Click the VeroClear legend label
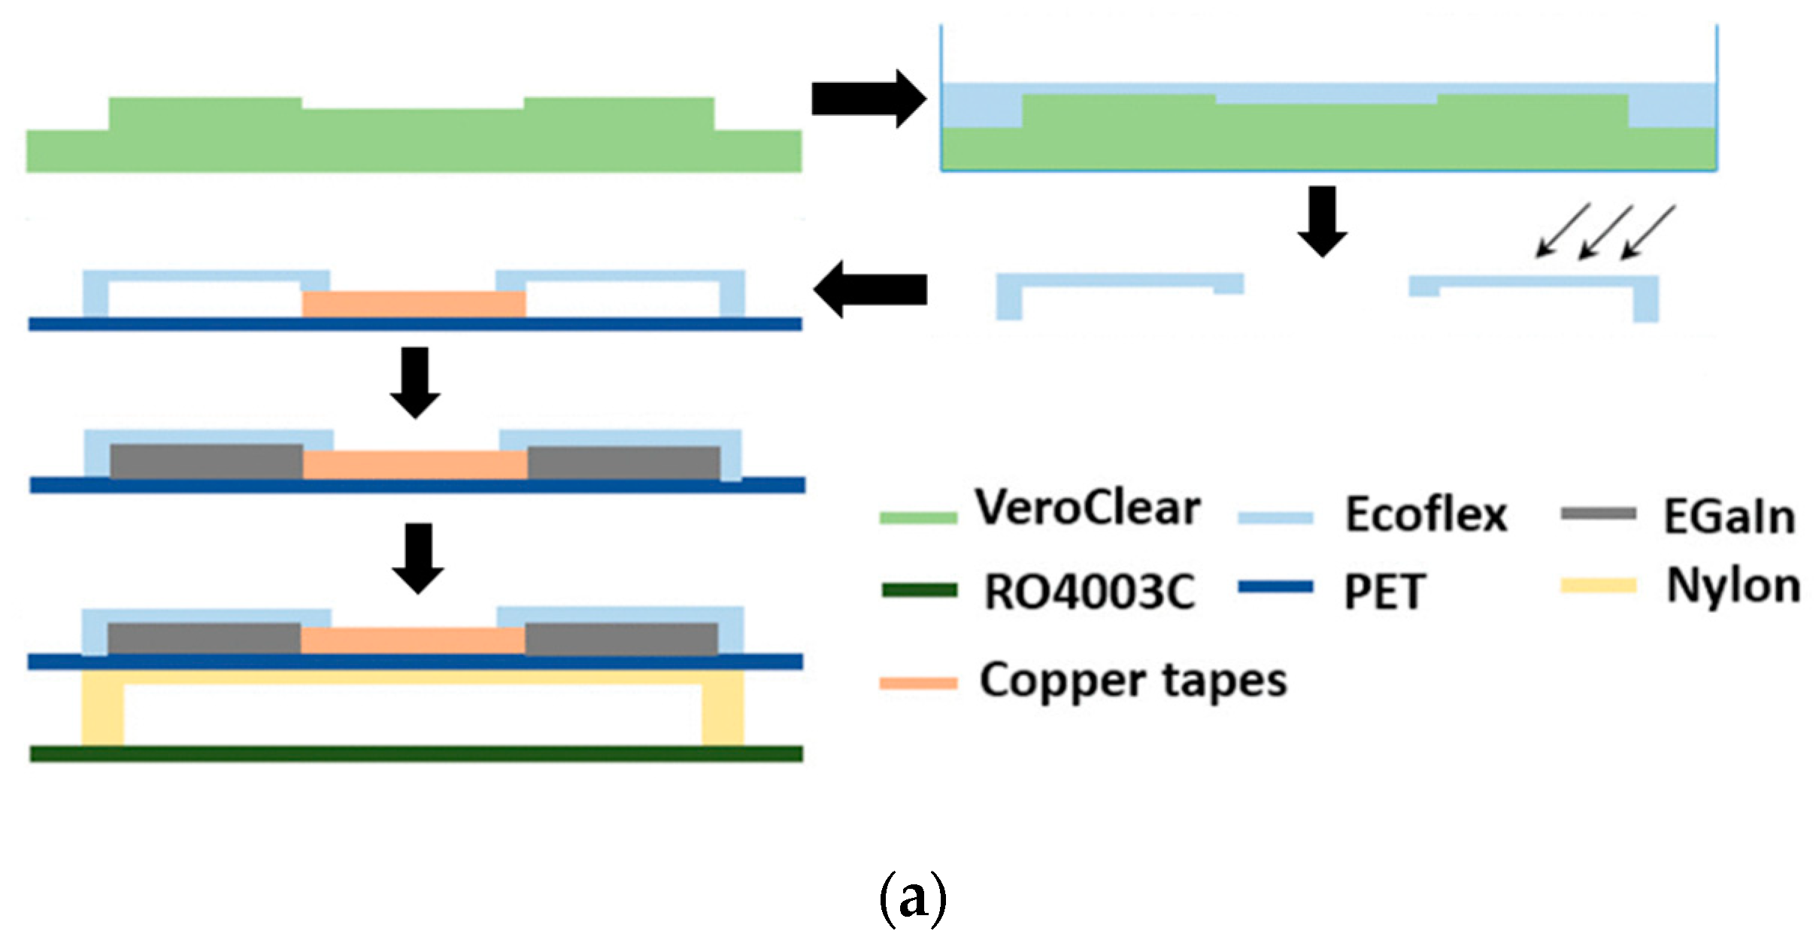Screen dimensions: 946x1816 (1087, 508)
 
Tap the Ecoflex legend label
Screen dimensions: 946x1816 (1426, 515)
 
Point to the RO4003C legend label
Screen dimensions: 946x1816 (1090, 592)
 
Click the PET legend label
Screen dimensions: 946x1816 (1384, 592)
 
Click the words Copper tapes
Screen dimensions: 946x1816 (1133, 681)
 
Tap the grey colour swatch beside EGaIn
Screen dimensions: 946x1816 (1598, 514)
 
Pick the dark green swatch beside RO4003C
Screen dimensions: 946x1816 (919, 590)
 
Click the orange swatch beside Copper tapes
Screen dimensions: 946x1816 (918, 684)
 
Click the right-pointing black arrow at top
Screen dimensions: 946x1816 (868, 99)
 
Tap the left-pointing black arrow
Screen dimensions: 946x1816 (870, 290)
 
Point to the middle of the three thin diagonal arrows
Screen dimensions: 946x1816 (1605, 232)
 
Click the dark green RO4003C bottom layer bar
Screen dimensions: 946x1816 (416, 753)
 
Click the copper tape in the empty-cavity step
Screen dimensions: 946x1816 (414, 305)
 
